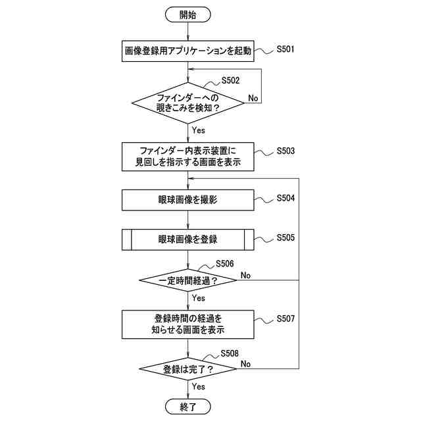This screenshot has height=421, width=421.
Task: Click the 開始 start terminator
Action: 188,14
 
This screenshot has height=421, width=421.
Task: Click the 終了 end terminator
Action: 188,407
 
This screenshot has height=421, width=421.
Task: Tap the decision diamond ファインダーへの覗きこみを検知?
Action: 188,103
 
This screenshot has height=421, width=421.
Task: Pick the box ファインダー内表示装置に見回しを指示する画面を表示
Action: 188,156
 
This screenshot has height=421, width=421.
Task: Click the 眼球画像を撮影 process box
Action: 188,199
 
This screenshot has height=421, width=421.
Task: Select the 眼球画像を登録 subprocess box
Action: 188,239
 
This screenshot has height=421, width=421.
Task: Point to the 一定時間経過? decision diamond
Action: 188,280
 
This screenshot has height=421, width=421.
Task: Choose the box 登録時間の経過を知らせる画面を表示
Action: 188,324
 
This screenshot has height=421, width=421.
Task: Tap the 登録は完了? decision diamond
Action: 188,369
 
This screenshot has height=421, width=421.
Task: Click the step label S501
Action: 285,49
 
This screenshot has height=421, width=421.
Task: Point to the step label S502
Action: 230,80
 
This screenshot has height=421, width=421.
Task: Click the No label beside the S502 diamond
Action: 253,98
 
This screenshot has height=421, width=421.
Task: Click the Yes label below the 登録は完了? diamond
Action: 198,387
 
